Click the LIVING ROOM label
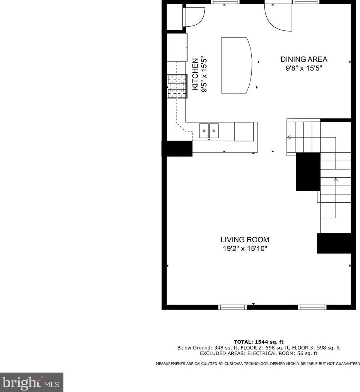pos(244,240)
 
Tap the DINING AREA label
pos(304,59)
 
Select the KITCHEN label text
pos(195,74)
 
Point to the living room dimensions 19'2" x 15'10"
pos(245,248)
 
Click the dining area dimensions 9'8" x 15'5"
pos(304,68)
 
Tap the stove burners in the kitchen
pos(177,87)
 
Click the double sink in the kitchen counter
pos(209,131)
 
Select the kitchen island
pos(236,65)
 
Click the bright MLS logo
pos(31,382)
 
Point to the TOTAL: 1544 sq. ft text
pos(259,342)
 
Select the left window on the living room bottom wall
pos(232,307)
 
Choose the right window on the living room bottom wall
pos(312,307)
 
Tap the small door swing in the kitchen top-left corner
pos(194,17)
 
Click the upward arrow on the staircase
pos(336,180)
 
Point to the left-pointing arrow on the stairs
pos(289,138)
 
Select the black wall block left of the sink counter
pos(177,148)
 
